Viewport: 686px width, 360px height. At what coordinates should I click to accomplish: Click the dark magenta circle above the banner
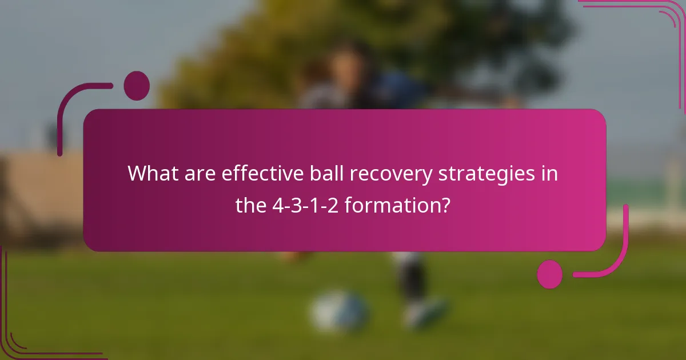pos(137,86)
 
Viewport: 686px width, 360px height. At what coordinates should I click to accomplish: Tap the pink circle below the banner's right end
pos(550,274)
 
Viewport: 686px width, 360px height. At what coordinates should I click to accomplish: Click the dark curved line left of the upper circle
pos(74,109)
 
